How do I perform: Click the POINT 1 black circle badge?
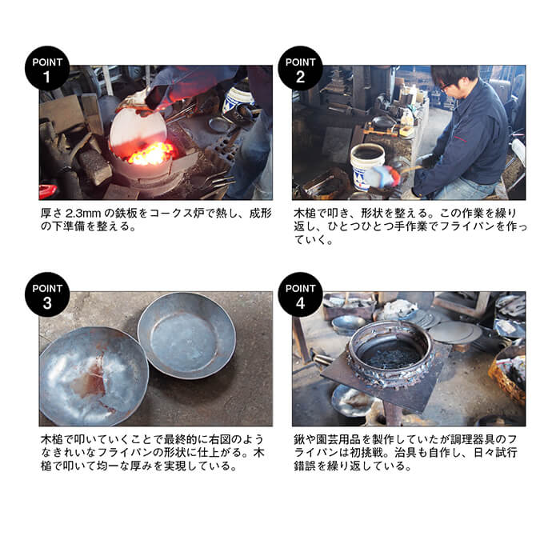[x=47, y=68]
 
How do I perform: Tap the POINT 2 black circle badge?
[x=300, y=68]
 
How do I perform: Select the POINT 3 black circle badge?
[x=47, y=294]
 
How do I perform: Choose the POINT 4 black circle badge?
[x=300, y=294]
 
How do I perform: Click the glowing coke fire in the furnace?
[x=152, y=154]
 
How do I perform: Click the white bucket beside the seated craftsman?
[x=367, y=163]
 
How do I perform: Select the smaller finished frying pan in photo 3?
[x=186, y=335]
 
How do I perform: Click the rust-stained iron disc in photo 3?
[x=94, y=376]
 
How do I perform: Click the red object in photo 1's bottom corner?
[x=47, y=192]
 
